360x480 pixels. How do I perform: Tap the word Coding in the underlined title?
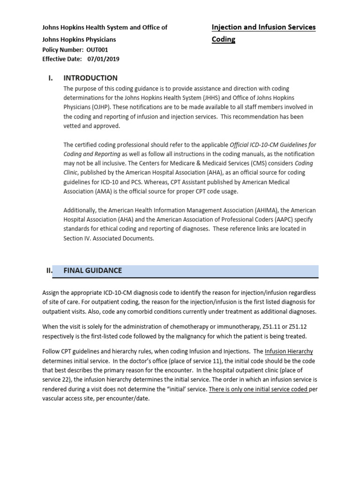(224, 39)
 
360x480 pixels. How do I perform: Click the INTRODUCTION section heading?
(90, 78)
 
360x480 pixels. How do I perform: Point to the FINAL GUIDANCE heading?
(92, 270)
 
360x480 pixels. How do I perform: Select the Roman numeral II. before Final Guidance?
(48, 270)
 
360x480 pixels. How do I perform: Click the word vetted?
(73, 126)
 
